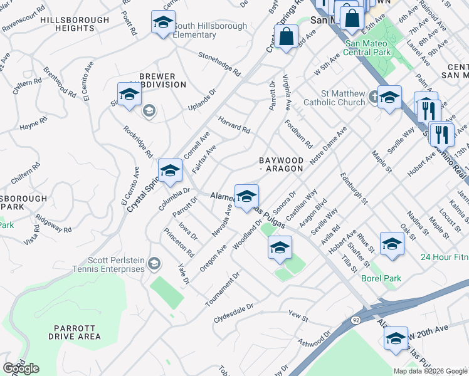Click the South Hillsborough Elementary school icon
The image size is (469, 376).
tap(163, 23)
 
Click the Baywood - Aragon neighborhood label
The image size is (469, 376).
tap(282, 164)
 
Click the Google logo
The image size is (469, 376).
tap(21, 368)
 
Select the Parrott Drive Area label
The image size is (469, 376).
tap(77, 332)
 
